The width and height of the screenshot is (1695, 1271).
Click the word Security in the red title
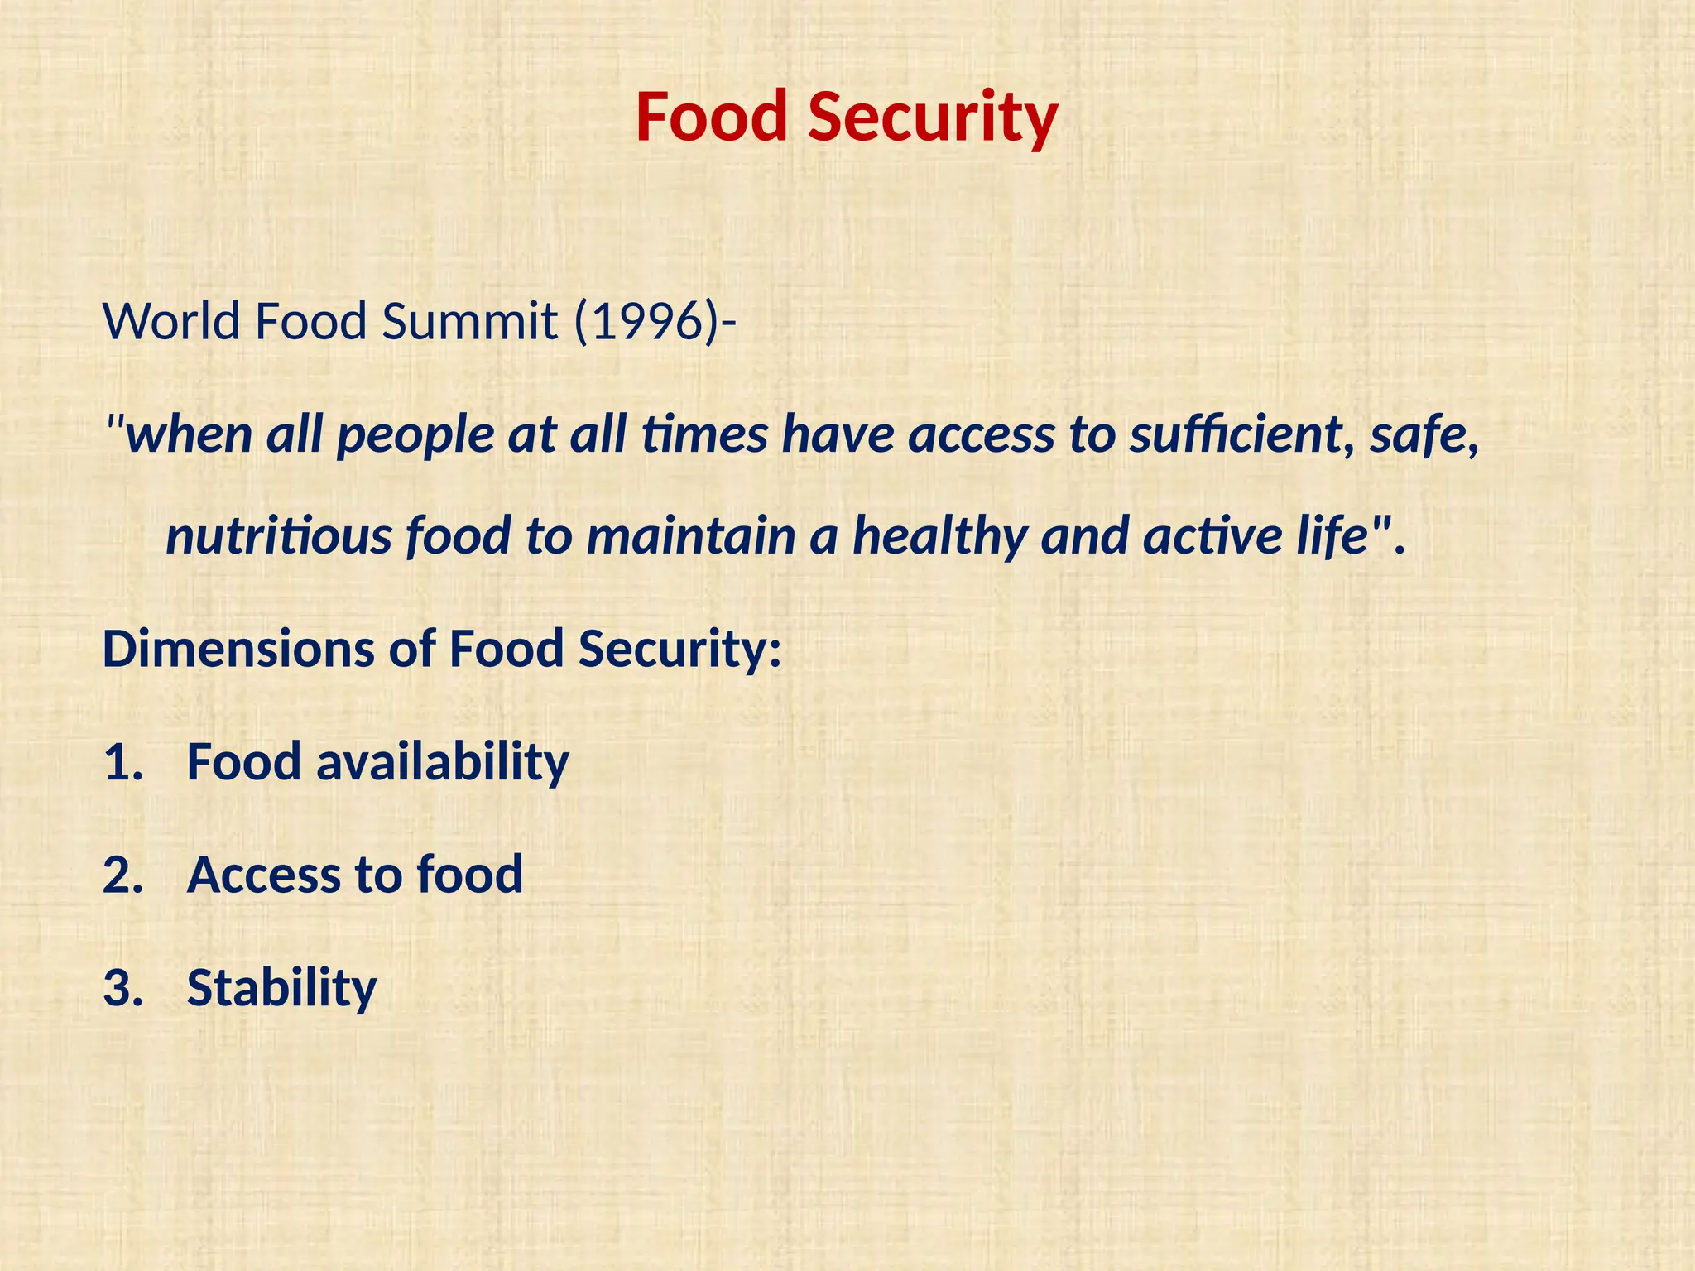[933, 118]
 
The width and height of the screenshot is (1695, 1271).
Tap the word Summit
[469, 321]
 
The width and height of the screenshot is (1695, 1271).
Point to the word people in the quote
[415, 437]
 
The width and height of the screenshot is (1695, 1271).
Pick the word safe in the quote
[1422, 435]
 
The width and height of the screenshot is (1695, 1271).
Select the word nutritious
[278, 536]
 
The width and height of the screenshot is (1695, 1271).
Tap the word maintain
[690, 536]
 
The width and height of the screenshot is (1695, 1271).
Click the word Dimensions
[238, 649]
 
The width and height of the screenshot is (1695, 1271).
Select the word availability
[443, 763]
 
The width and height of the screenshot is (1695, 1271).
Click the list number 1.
[120, 763]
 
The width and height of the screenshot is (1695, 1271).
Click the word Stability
[281, 988]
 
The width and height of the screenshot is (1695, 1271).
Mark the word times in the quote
[704, 435]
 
